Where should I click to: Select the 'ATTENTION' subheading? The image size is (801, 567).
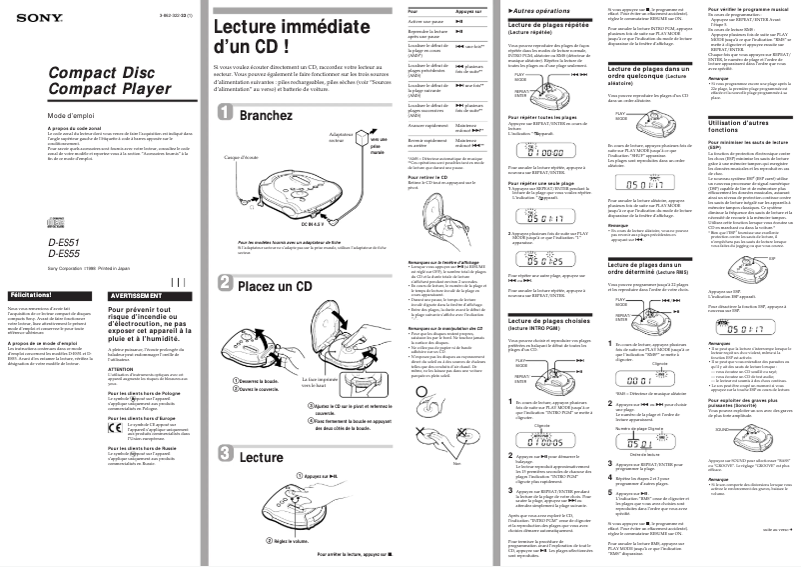point(121,367)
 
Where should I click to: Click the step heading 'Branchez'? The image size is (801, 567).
point(267,116)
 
